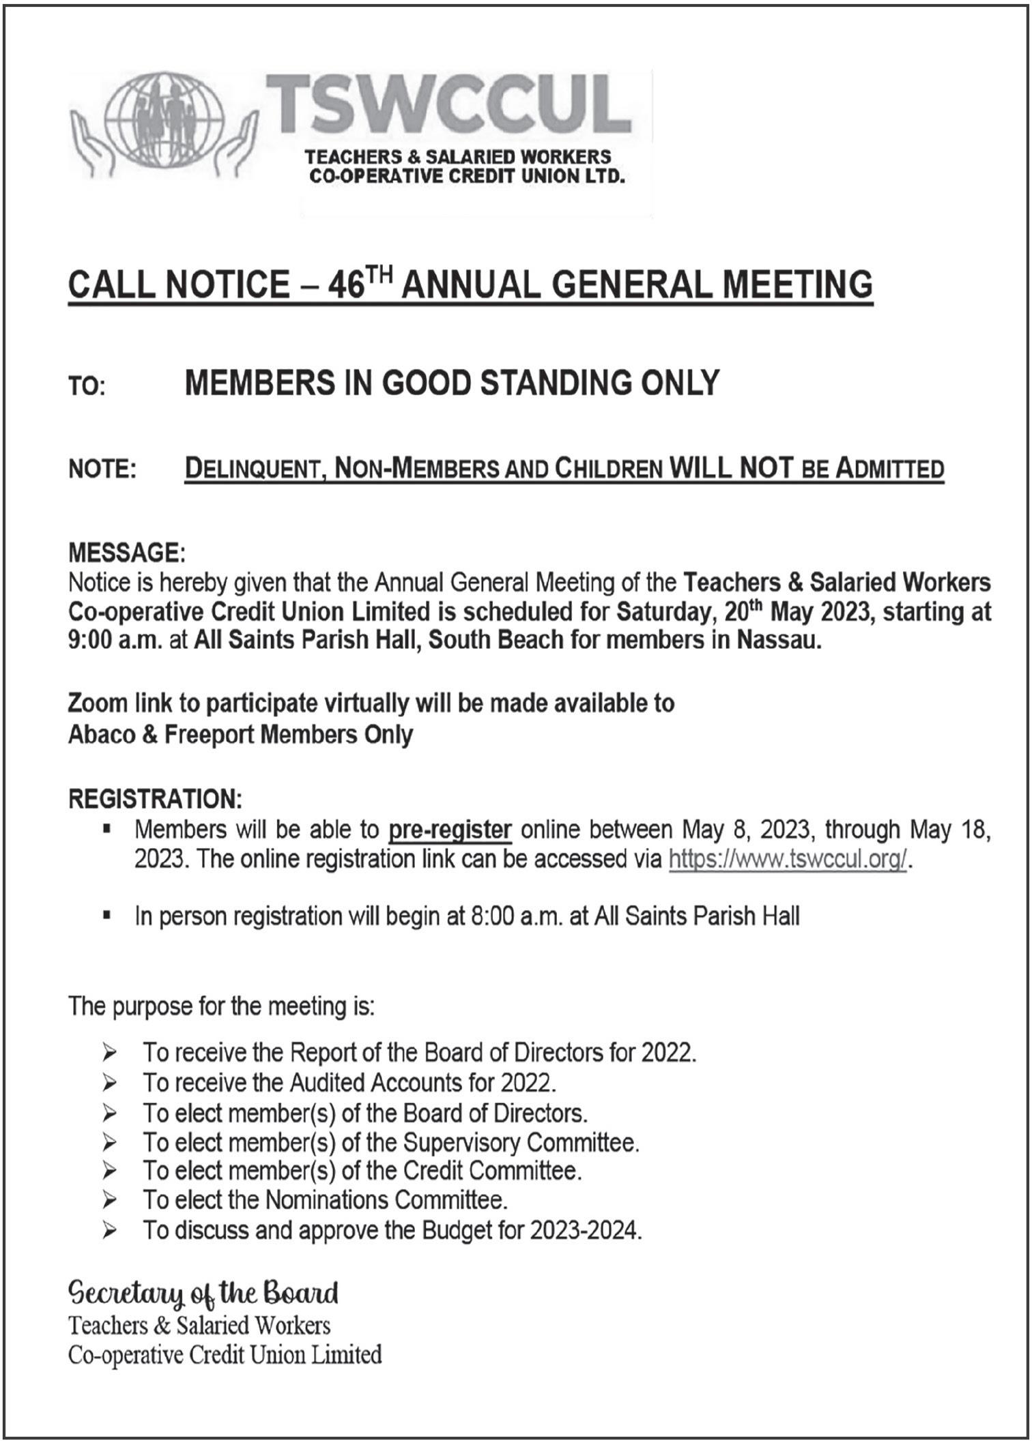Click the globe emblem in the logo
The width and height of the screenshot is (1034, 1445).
click(164, 120)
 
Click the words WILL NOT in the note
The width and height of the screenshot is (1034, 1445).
click(732, 469)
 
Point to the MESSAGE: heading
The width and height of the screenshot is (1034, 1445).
click(126, 552)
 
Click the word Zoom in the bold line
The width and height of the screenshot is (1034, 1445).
click(97, 703)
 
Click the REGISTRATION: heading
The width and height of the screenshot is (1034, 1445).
click(155, 799)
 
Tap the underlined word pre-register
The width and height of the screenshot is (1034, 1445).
click(450, 830)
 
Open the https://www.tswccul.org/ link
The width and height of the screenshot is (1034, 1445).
click(788, 859)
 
